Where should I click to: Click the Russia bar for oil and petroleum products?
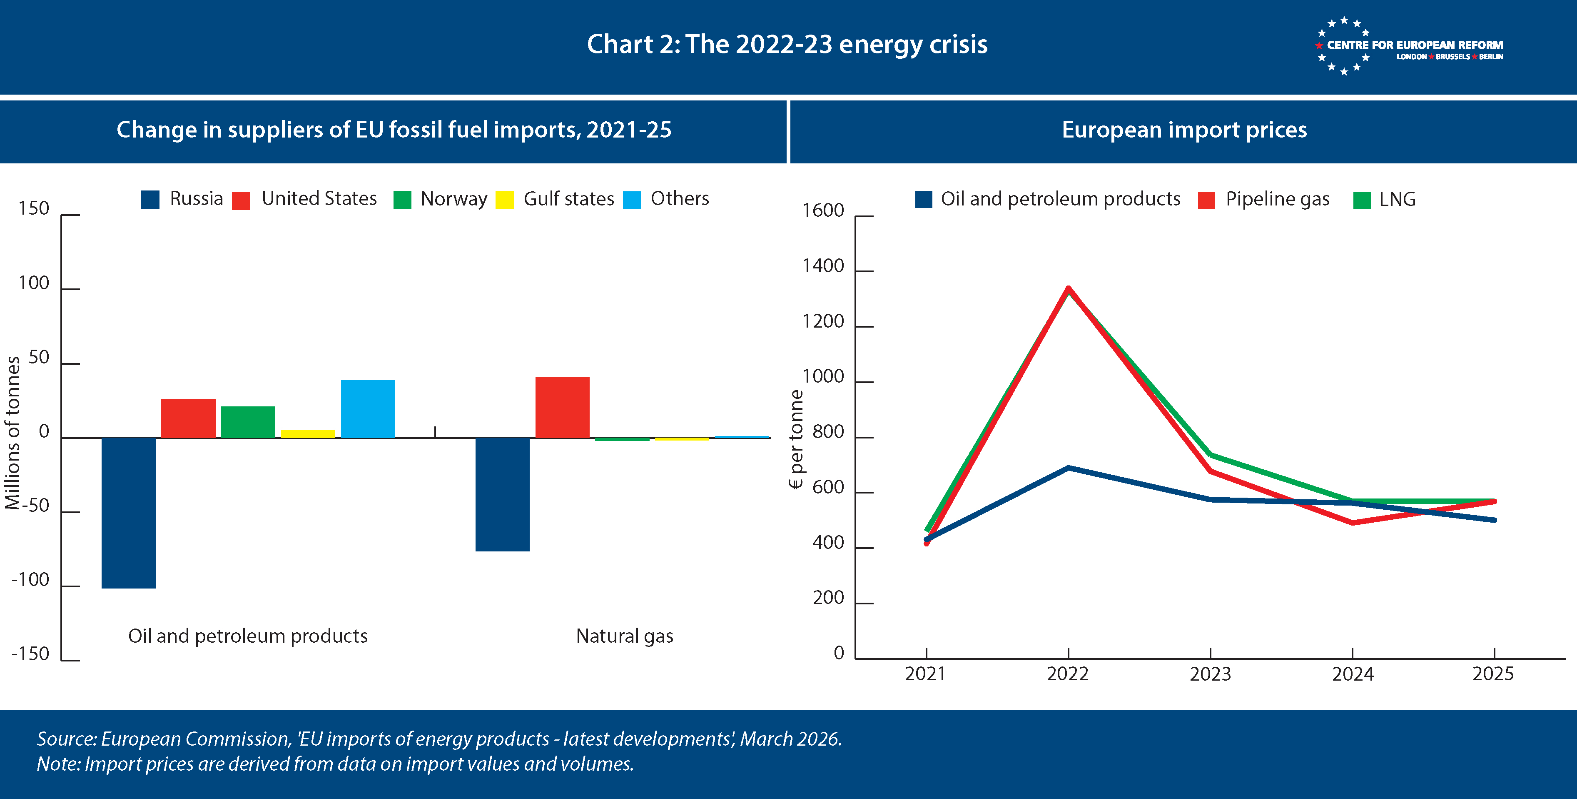pos(129,513)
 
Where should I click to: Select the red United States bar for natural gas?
pos(562,408)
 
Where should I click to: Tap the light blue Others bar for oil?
pos(368,409)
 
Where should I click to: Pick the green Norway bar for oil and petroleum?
pos(248,422)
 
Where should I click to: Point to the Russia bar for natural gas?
pos(502,494)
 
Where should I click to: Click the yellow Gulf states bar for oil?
pos(308,434)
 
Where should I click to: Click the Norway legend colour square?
pos(402,200)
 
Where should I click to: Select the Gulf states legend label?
pos(569,198)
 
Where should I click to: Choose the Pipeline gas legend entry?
pos(1277,199)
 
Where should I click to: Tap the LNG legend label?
pos(1397,199)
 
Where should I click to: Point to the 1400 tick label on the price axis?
pos(823,266)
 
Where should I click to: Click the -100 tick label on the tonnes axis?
pos(31,580)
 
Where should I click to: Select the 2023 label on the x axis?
pos(1210,674)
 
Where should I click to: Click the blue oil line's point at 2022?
pos(1068,468)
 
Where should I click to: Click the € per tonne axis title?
pos(796,439)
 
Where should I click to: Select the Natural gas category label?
pos(625,636)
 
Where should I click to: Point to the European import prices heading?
pos(1184,130)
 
